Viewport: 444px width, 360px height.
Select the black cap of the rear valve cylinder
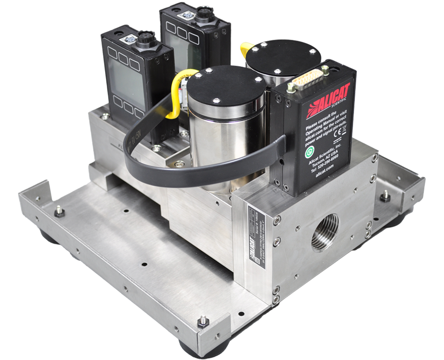click(283, 57)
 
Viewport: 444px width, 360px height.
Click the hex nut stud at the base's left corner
click(59, 212)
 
